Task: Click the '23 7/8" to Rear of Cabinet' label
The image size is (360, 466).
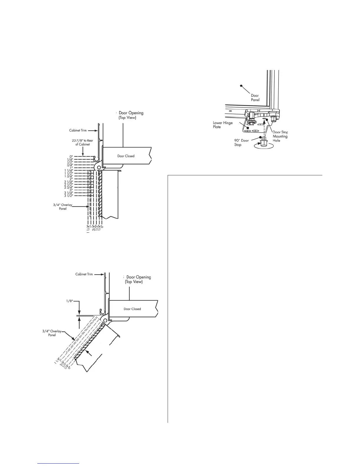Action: (81, 142)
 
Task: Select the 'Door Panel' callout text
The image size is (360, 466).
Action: (255, 98)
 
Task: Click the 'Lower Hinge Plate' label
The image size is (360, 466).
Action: (223, 125)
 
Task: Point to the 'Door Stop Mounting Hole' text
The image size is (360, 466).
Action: (280, 136)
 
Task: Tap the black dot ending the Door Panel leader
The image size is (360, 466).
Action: (241, 86)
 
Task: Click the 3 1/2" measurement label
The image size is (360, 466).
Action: (69, 196)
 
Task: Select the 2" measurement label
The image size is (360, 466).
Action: (71, 179)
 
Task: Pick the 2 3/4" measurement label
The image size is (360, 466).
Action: (69, 187)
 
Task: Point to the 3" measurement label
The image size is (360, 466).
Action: (71, 190)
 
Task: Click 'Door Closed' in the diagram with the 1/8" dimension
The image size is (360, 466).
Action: (132, 309)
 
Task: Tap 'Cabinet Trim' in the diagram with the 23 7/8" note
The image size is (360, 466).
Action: (78, 130)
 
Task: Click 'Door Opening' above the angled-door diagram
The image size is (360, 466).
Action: (139, 277)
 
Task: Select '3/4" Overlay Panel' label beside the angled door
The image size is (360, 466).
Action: (51, 333)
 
